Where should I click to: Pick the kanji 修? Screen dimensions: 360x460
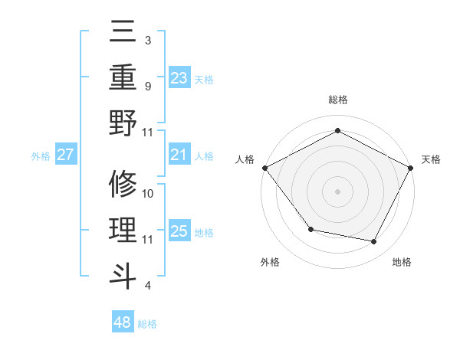123,185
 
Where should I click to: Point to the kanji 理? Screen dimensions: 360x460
123,230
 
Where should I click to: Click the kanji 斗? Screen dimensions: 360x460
123,275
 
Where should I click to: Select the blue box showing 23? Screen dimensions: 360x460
179,77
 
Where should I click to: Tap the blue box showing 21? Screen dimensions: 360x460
179,155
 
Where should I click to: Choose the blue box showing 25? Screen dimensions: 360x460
179,231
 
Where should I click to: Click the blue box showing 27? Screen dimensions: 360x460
66,155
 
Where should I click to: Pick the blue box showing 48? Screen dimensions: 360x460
123,322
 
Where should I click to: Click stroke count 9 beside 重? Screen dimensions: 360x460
147,86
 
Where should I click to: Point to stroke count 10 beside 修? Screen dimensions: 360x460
149,194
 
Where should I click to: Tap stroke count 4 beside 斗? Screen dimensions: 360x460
147,286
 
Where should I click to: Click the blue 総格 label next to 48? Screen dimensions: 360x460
148,324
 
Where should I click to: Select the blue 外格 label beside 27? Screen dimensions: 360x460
41,156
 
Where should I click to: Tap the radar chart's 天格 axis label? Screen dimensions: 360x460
432,159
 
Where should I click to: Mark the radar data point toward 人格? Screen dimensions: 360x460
264,167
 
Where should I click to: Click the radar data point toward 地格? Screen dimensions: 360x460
374,242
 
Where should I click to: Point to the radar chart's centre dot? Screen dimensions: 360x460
337,191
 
